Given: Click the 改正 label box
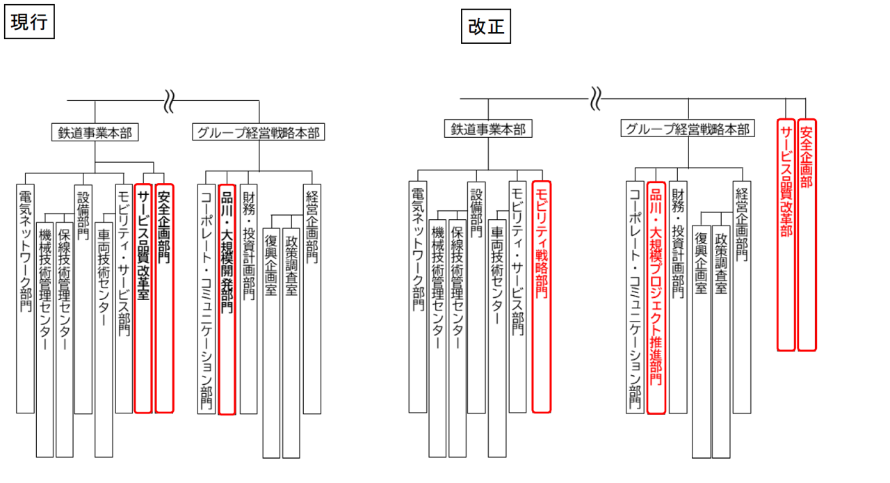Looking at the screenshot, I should (x=486, y=27).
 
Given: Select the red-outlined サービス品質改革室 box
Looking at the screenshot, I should (x=143, y=298).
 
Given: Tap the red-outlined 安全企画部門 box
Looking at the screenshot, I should (x=164, y=298).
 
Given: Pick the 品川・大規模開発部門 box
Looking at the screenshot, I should (x=227, y=299).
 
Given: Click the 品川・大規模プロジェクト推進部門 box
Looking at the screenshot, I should (x=656, y=298).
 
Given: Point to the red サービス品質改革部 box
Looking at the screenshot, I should (x=786, y=234).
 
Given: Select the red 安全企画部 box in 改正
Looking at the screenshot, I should (x=807, y=234).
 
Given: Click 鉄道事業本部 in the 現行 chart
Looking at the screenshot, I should (x=95, y=132).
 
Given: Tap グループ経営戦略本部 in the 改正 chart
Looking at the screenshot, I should (x=687, y=129).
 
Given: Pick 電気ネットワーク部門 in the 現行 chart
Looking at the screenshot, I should (x=25, y=298).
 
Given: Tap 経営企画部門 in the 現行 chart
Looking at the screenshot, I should (x=312, y=298).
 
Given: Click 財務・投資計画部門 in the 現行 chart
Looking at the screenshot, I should (x=248, y=298).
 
